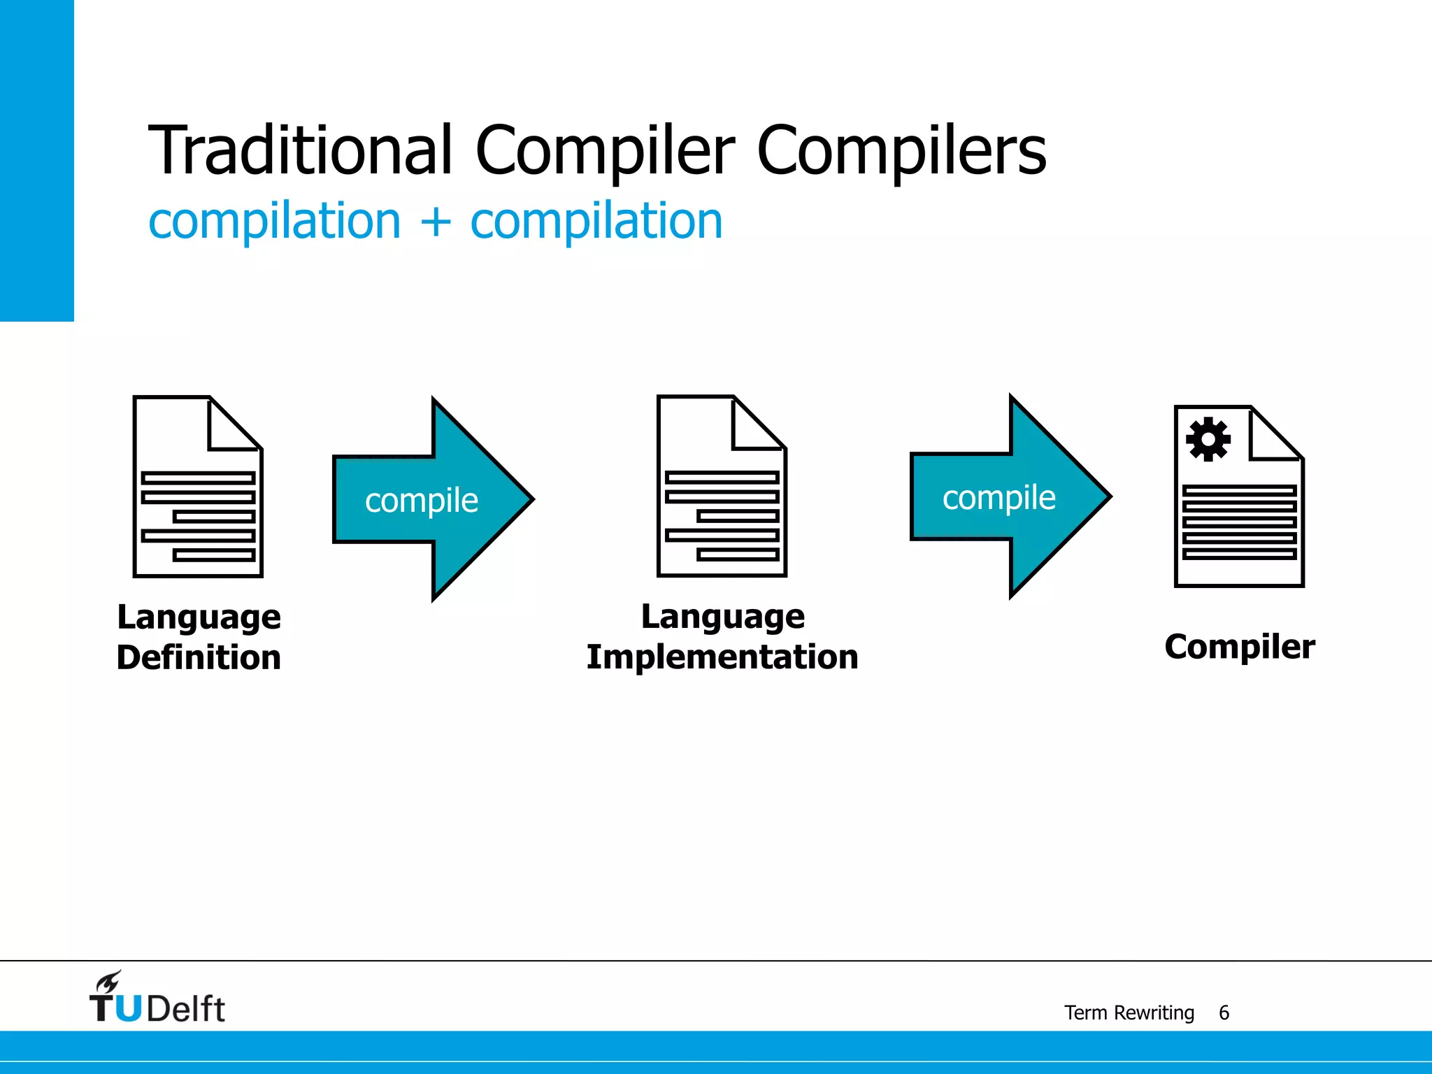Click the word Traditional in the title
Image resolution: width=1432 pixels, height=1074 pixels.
[x=301, y=150]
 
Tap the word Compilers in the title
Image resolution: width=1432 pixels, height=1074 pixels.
[x=901, y=150]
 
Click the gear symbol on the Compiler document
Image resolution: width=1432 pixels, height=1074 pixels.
[x=1208, y=439]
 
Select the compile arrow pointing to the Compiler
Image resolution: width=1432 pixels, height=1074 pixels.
[x=1010, y=497]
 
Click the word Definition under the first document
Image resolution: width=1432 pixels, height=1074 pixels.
[x=199, y=657]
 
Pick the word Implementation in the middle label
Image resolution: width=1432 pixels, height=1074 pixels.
[x=722, y=657]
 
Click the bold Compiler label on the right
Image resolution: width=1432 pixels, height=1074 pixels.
[x=1239, y=646]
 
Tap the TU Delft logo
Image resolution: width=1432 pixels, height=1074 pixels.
[x=157, y=1000]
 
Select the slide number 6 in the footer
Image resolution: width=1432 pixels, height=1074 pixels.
[x=1224, y=1012]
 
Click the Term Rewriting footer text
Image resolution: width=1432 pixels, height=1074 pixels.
[x=1129, y=1012]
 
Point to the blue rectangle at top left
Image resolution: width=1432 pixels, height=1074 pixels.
[x=36, y=160]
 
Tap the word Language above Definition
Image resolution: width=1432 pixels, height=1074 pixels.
[x=199, y=617]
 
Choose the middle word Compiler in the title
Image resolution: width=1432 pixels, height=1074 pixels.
[x=605, y=150]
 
